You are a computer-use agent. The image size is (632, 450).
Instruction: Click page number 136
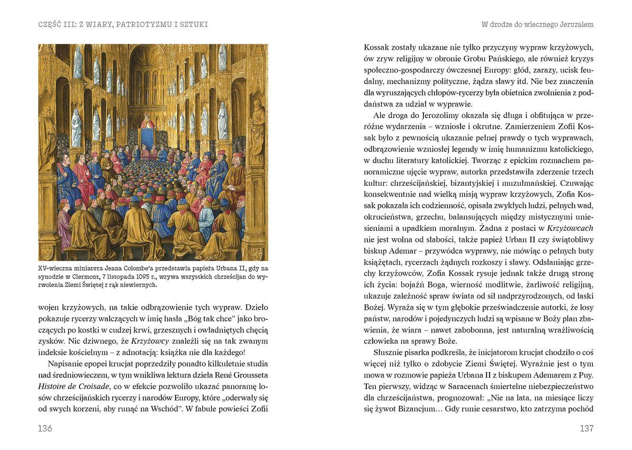click(45, 428)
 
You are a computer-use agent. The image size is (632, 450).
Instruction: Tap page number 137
click(586, 428)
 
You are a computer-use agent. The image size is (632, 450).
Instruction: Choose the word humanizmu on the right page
click(516, 149)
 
